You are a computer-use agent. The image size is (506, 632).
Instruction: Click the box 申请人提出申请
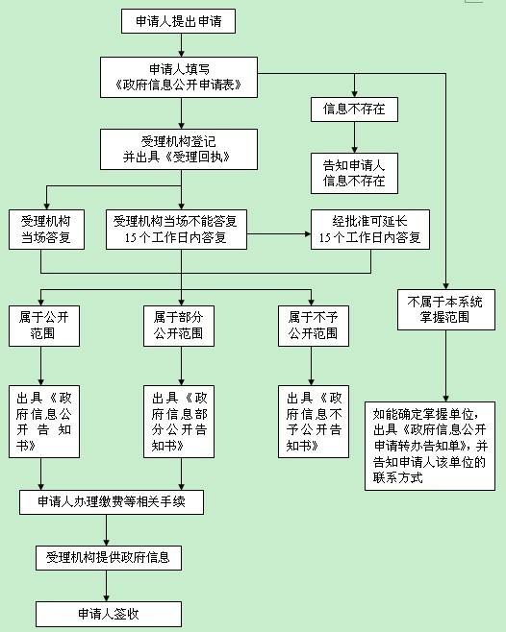pos(178,21)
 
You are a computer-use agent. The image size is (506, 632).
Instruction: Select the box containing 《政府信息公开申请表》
pos(179,77)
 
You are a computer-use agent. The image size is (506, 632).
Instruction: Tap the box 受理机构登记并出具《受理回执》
pos(179,149)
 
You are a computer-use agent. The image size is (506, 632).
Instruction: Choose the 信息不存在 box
pos(354,109)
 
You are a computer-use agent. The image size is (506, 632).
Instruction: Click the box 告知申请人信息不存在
pos(354,173)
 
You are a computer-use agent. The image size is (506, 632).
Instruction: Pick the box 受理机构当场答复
pos(46,230)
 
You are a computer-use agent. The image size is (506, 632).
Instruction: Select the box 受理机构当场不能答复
pos(176,230)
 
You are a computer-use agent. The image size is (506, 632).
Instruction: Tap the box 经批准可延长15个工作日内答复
pos(370,230)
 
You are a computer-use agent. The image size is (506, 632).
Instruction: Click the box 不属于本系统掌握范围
pos(445,309)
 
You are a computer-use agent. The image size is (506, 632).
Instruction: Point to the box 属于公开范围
pos(44,326)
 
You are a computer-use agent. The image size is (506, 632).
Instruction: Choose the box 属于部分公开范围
pos(179,326)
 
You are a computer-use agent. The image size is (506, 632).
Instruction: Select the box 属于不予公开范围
pos(314,326)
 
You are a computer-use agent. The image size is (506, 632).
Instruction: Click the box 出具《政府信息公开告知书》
pos(44,422)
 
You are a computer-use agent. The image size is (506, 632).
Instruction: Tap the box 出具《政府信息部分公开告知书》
pos(179,422)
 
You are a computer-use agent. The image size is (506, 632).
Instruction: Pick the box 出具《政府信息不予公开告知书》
pos(314,422)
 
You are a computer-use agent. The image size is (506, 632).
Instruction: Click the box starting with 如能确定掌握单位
pos(430,446)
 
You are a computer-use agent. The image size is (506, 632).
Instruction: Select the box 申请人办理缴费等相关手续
pos(112,501)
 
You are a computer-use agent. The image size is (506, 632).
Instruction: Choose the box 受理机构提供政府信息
pos(109,558)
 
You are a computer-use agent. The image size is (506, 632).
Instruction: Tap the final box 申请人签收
pos(109,614)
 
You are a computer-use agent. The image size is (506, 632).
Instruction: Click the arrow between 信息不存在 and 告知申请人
pos(354,137)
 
